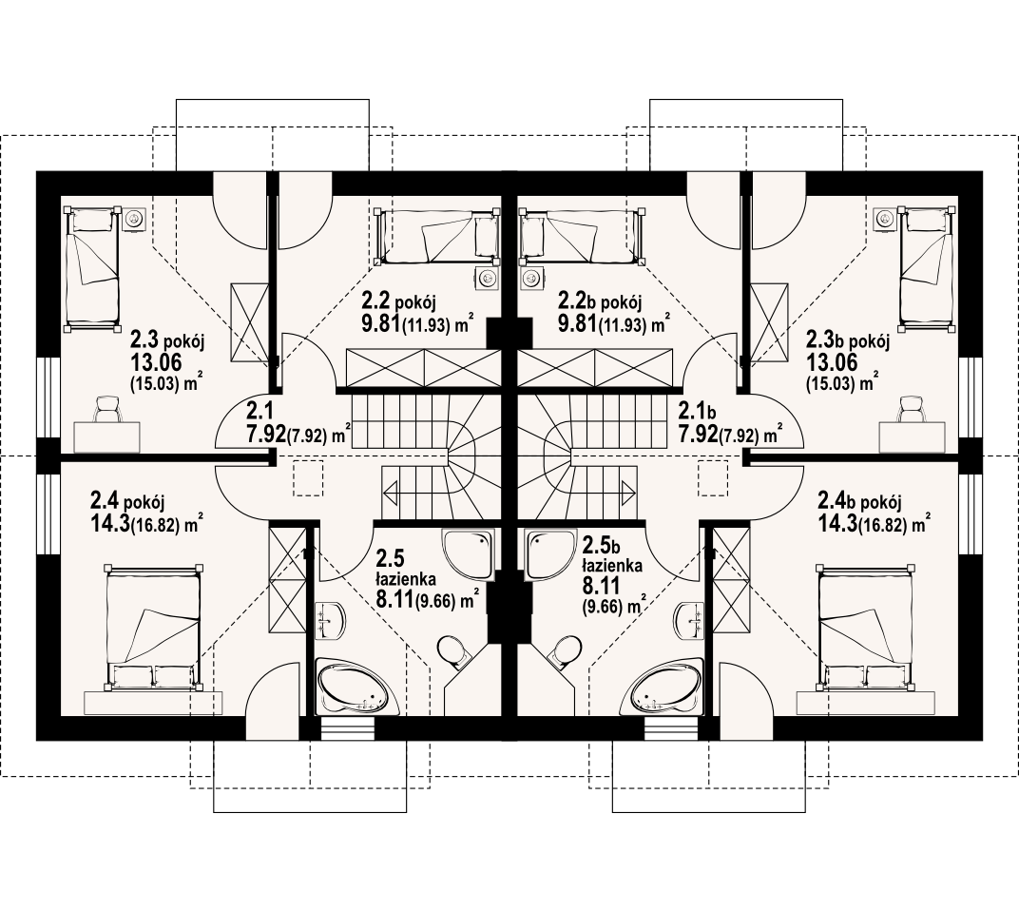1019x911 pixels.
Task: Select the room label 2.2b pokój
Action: click(600, 302)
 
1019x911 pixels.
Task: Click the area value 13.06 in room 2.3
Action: click(156, 363)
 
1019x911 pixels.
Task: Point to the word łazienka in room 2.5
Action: click(406, 579)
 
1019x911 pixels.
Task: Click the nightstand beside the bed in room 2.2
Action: click(486, 278)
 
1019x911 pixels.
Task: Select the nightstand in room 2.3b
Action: click(884, 219)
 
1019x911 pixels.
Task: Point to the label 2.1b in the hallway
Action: click(697, 412)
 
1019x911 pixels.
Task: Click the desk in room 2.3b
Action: click(912, 437)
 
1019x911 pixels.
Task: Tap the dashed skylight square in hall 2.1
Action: click(308, 478)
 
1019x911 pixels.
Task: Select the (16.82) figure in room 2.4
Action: click(155, 526)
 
